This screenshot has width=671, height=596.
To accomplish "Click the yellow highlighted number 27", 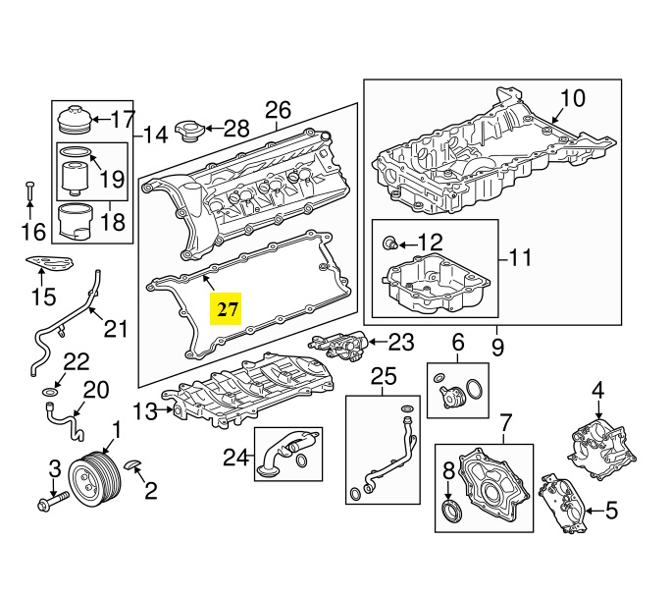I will tap(227, 309).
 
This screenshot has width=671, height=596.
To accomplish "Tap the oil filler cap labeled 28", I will tap(188, 131).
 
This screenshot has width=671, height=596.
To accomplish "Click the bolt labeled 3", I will tap(49, 501).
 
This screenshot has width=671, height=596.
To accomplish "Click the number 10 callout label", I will tap(572, 98).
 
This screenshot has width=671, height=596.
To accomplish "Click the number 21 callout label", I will tap(116, 328).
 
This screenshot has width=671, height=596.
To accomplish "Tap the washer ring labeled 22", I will tap(48, 393).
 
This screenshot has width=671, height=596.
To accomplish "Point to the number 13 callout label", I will tap(145, 411).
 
